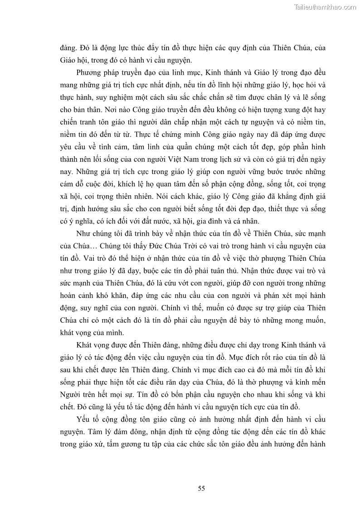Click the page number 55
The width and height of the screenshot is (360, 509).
point(202,488)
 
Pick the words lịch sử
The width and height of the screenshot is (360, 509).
point(248,160)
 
